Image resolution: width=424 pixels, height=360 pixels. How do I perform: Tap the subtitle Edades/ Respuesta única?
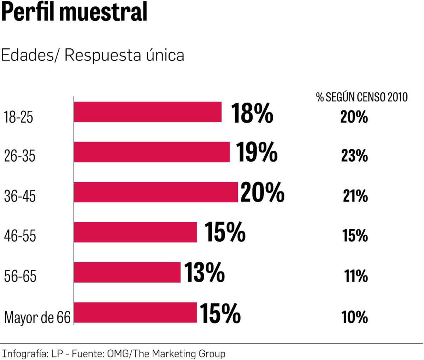pyautogui.click(x=93, y=56)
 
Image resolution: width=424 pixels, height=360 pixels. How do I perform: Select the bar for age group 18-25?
pyautogui.click(x=148, y=112)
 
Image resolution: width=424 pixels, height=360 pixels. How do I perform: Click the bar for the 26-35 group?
pyautogui.click(x=152, y=152)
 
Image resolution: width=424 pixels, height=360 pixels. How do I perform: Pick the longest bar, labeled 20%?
pyautogui.click(x=156, y=192)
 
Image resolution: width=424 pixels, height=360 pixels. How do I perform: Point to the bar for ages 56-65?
pyautogui.click(x=127, y=272)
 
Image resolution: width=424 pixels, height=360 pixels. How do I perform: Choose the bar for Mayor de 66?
pyautogui.click(x=135, y=312)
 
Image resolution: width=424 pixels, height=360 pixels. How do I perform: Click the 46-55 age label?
pyautogui.click(x=20, y=236)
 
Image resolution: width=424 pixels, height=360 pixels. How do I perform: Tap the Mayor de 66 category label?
pyautogui.click(x=37, y=317)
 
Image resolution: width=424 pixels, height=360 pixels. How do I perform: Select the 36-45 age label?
pyautogui.click(x=20, y=196)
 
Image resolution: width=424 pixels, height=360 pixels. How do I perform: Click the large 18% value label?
pyautogui.click(x=252, y=113)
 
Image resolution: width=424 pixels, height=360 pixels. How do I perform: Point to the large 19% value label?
pyautogui.click(x=256, y=152)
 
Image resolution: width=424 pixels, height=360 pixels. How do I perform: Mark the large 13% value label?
pyautogui.click(x=204, y=273)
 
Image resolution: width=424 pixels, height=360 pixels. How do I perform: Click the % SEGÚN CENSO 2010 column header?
pyautogui.click(x=361, y=97)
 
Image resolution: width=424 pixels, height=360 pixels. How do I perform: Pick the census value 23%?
pyautogui.click(x=354, y=156)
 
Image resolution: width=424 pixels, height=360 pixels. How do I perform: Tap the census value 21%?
pyautogui.click(x=355, y=196)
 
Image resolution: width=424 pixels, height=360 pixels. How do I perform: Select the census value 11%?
pyautogui.click(x=356, y=276)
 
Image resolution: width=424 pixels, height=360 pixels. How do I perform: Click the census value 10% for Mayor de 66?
pyautogui.click(x=354, y=317)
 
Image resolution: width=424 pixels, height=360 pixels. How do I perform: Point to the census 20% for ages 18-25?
pyautogui.click(x=354, y=117)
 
